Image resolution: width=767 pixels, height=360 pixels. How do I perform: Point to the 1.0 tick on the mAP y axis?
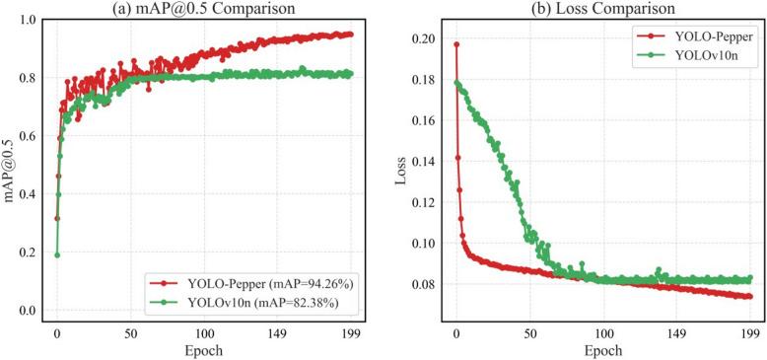click(x=30, y=20)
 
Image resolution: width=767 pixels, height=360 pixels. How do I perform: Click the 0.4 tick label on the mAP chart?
click(x=30, y=194)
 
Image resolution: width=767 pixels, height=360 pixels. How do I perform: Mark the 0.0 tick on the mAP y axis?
click(x=30, y=311)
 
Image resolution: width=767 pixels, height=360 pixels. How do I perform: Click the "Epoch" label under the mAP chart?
click(x=204, y=351)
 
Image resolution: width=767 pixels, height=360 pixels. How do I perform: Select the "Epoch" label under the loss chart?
click(x=602, y=351)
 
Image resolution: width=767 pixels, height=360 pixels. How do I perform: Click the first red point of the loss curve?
click(x=456, y=44)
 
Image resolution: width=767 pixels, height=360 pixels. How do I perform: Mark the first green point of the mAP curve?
click(x=57, y=254)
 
